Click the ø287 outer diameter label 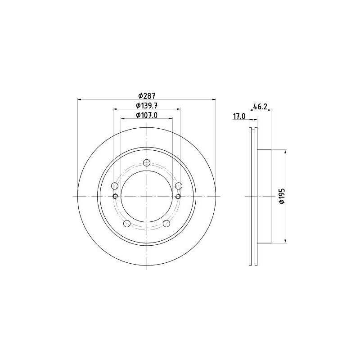(x=147, y=95)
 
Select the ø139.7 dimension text (x=147, y=105)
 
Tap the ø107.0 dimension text (x=147, y=115)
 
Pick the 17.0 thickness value (x=239, y=117)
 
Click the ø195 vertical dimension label (x=282, y=196)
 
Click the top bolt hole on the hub (x=147, y=163)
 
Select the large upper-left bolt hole (x=114, y=186)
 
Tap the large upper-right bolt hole (x=178, y=185)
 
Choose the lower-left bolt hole (x=127, y=223)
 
